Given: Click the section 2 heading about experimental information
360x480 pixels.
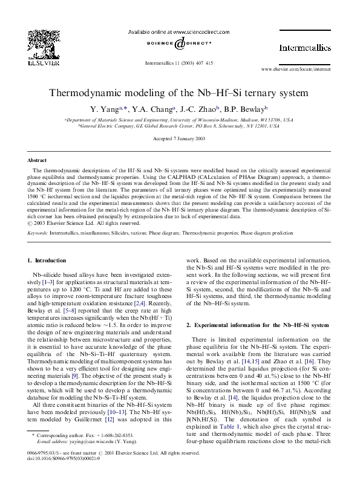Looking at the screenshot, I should [x=257, y=325].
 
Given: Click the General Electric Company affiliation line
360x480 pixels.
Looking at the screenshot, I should [x=180, y=126].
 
